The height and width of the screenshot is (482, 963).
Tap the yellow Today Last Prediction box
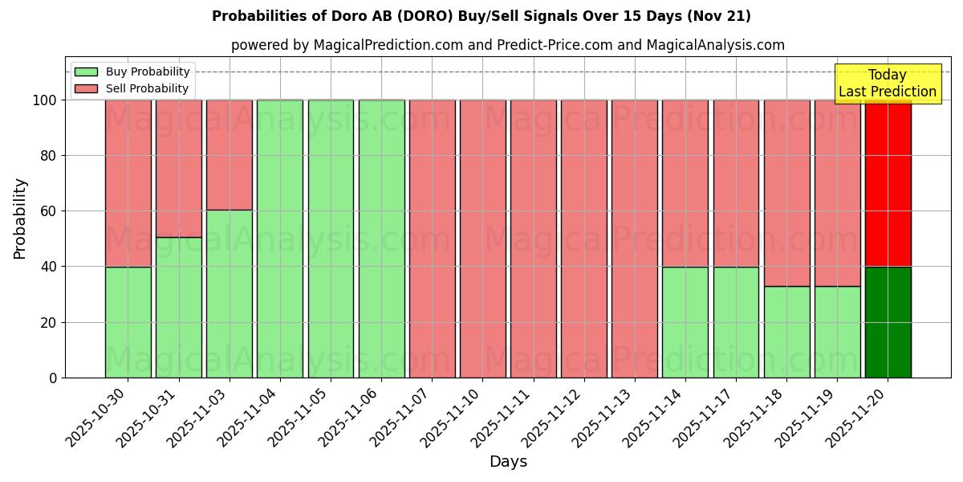coord(888,84)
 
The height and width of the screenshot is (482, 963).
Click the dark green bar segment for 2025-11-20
coord(888,322)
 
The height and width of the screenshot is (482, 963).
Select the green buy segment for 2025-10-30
coord(128,322)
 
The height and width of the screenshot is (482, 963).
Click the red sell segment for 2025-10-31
coord(179,169)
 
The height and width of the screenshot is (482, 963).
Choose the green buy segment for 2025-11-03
coord(230,294)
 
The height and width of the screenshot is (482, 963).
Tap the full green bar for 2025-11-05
coord(331,239)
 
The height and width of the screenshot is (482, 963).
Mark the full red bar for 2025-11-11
coord(533,239)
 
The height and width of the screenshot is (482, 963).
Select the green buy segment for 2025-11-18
coord(786,332)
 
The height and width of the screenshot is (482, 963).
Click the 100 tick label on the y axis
coord(44,100)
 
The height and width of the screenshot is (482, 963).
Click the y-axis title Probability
coord(20,218)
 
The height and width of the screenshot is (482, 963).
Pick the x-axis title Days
coord(508,462)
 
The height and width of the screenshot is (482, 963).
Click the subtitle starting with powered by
coord(507,45)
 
